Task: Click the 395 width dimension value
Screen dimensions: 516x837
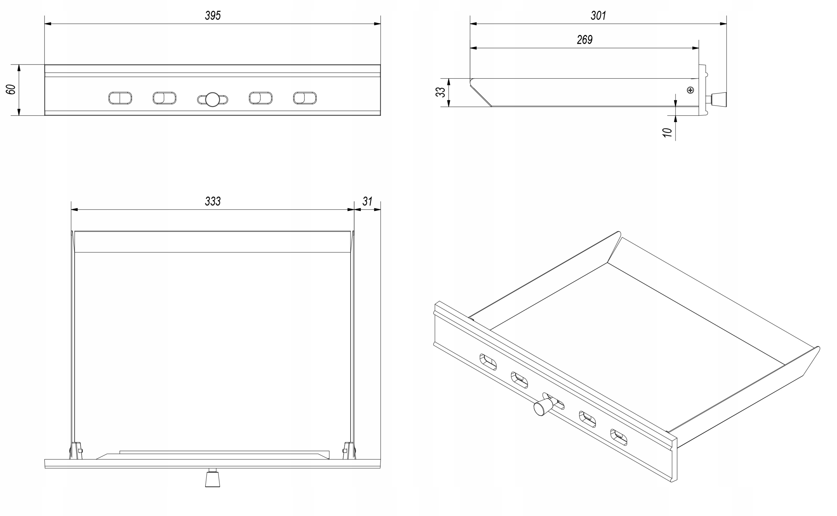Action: click(x=213, y=15)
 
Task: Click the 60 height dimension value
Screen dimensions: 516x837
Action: click(x=11, y=89)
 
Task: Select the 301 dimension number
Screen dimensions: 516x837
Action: click(x=598, y=15)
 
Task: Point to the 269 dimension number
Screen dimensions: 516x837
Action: click(x=584, y=40)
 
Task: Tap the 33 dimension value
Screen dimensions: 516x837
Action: click(x=440, y=92)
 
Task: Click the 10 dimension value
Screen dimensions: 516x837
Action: click(x=667, y=132)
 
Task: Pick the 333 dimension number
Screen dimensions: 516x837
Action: click(x=213, y=202)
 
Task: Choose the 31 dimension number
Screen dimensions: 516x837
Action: click(x=367, y=202)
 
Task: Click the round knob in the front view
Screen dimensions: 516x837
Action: click(x=212, y=99)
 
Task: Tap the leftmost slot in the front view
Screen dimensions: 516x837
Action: click(x=120, y=98)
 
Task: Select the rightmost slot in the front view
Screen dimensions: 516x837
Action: click(x=305, y=98)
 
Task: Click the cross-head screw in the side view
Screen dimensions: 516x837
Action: click(x=690, y=90)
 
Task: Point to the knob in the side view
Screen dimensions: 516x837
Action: click(x=719, y=99)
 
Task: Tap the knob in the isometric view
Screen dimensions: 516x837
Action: click(x=542, y=407)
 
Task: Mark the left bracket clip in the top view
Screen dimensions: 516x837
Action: click(x=76, y=450)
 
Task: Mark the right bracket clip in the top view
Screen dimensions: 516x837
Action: click(x=349, y=450)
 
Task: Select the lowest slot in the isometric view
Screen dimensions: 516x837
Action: click(x=619, y=437)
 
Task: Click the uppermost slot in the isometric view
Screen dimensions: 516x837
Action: click(x=488, y=362)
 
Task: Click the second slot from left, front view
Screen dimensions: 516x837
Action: click(x=164, y=98)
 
